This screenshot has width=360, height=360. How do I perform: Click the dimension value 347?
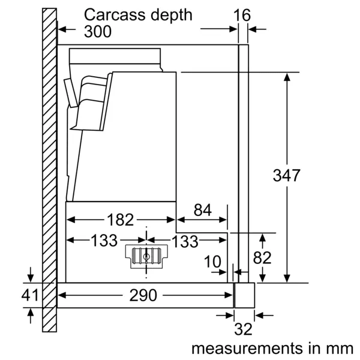[x=286, y=176]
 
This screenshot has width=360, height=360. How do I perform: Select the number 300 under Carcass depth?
[x=98, y=31]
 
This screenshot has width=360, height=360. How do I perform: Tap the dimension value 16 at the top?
[x=242, y=15]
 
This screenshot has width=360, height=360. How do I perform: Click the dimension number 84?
[x=203, y=210]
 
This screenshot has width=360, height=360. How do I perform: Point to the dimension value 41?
[x=29, y=295]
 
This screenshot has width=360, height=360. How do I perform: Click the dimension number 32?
[x=242, y=329]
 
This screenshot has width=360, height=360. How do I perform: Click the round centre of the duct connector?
[x=147, y=256]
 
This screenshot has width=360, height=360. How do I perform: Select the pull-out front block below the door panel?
[x=244, y=295]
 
